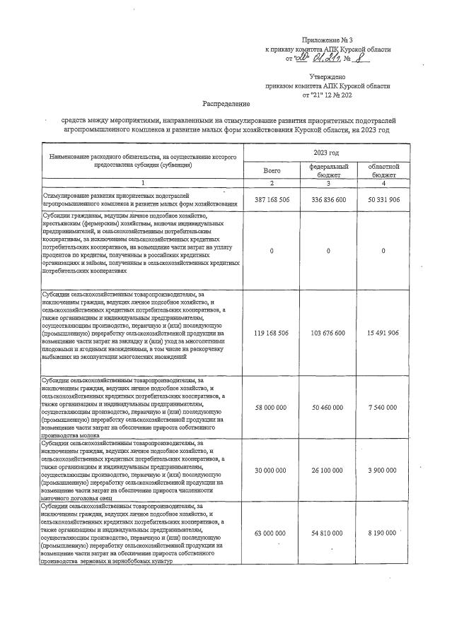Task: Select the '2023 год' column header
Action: [x=325, y=153]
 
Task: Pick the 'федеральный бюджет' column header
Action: [x=325, y=170]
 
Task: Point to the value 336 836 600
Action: [x=325, y=200]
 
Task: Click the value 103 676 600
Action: [x=325, y=332]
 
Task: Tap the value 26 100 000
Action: [x=325, y=470]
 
